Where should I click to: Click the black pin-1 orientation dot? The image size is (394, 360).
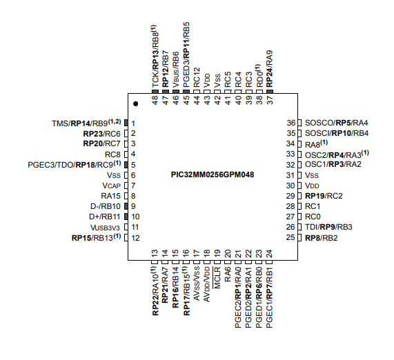pyautogui.click(x=136, y=103)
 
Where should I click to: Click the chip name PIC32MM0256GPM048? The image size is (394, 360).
pyautogui.click(x=213, y=174)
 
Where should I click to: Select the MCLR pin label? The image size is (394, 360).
pyautogui.click(x=217, y=277)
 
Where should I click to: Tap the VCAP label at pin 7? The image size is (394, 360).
pyautogui.click(x=111, y=186)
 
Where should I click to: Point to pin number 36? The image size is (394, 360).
pyautogui.click(x=291, y=123)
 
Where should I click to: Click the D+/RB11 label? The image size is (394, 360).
pyautogui.click(x=104, y=217)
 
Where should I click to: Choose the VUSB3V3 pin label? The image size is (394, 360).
pyautogui.click(x=105, y=228)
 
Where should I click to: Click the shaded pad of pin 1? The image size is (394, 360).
pyautogui.click(x=126, y=123)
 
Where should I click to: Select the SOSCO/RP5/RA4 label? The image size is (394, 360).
pyautogui.click(x=337, y=123)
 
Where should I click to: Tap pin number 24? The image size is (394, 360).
pyautogui.click(x=269, y=254)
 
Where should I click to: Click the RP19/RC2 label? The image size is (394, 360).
pyautogui.click(x=324, y=196)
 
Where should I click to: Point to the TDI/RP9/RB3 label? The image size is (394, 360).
pyautogui.click(x=328, y=227)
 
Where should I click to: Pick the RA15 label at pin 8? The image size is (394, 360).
pyautogui.click(x=110, y=196)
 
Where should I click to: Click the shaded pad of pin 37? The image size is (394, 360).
pyautogui.click(x=269, y=92)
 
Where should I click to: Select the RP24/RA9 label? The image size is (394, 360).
pyautogui.click(x=269, y=69)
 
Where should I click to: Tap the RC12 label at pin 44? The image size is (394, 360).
pyautogui.click(x=197, y=77)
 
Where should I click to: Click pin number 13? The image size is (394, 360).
pyautogui.click(x=155, y=254)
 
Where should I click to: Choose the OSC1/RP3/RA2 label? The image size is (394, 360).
pyautogui.click(x=333, y=164)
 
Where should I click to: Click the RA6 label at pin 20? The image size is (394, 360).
pyautogui.click(x=228, y=274)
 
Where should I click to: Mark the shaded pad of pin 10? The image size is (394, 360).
pyautogui.click(x=126, y=217)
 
